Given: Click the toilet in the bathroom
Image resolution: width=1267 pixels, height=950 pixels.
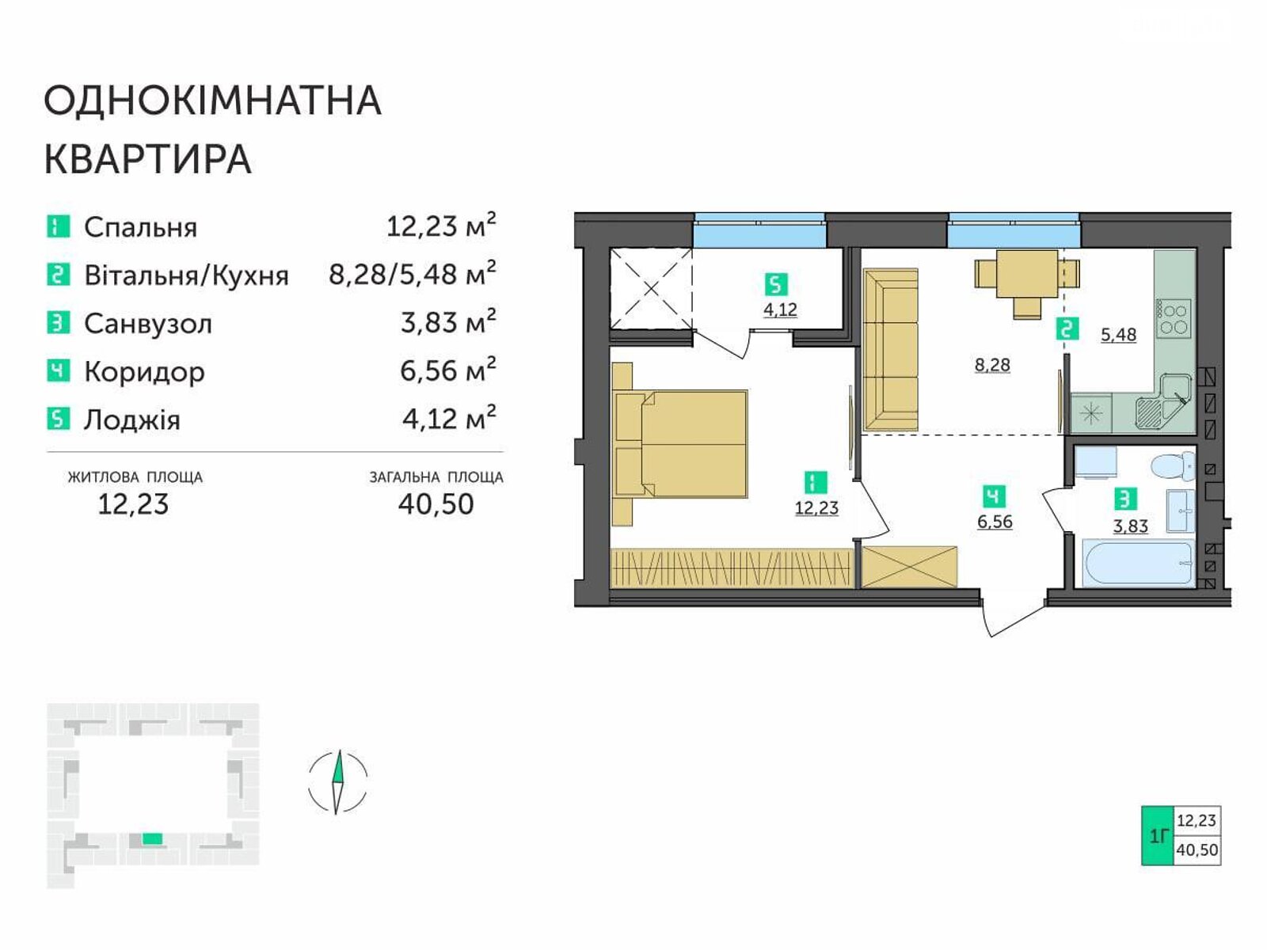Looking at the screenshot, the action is (1172, 466).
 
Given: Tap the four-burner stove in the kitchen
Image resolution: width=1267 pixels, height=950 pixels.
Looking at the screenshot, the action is (1174, 319).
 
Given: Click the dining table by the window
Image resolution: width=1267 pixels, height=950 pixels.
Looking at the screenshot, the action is (1027, 283).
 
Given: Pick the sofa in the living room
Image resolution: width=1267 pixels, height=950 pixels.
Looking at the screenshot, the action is (890, 350).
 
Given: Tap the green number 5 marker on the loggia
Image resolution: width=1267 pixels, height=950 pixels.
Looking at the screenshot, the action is (776, 284).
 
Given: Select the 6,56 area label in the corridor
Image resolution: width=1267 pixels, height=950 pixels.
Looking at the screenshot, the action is (995, 522).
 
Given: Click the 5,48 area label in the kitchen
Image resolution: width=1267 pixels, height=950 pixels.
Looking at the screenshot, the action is (1118, 335).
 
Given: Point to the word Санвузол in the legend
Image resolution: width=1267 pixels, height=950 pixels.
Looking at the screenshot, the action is (148, 324).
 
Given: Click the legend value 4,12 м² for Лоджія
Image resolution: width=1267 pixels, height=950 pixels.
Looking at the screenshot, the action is (449, 418).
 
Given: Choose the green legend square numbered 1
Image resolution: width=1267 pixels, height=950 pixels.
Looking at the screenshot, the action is (59, 226).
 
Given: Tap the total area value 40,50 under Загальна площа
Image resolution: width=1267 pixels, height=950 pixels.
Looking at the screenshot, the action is (436, 504).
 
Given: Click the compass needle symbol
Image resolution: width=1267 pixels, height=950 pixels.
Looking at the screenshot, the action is (338, 781).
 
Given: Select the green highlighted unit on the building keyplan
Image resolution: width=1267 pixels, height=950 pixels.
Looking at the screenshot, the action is (152, 838).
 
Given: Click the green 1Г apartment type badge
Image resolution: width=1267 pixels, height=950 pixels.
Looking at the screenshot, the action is (1158, 835).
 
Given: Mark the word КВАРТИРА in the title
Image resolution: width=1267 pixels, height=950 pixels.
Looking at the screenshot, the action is (148, 159).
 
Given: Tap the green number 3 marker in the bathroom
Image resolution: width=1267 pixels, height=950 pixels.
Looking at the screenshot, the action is (1125, 499).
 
